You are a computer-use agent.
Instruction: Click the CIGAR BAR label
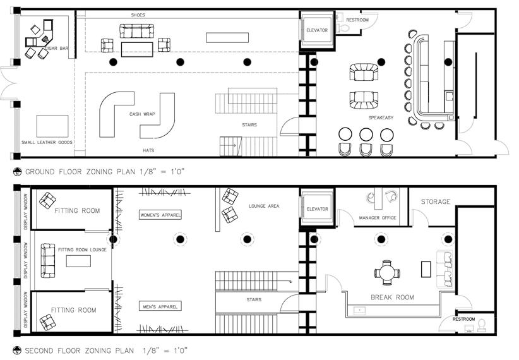pyautogui.click(x=57, y=49)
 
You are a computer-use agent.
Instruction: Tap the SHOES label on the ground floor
pyautogui.click(x=138, y=15)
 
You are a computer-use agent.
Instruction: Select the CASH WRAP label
pyautogui.click(x=143, y=114)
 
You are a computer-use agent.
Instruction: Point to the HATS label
pyautogui.click(x=148, y=150)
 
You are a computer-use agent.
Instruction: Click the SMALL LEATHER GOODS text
pyautogui.click(x=47, y=143)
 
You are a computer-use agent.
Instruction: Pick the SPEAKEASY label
pyautogui.click(x=382, y=118)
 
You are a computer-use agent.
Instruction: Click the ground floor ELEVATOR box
pyautogui.click(x=316, y=30)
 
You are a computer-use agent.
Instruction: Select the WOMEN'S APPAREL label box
pyautogui.click(x=160, y=215)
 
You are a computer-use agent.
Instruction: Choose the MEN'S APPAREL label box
pyautogui.click(x=160, y=306)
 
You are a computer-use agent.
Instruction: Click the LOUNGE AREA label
pyautogui.click(x=264, y=207)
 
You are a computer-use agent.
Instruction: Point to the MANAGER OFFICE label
pyautogui.click(x=377, y=218)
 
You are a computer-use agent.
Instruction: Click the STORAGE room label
pyautogui.click(x=436, y=202)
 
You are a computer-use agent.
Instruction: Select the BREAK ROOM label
pyautogui.click(x=392, y=297)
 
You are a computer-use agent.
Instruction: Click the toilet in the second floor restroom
pyautogui.click(x=481, y=324)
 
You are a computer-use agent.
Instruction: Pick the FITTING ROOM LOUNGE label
pyautogui.click(x=82, y=250)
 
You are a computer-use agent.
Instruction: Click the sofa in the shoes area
pyautogui.click(x=137, y=31)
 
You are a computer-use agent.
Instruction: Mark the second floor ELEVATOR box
pyautogui.click(x=316, y=209)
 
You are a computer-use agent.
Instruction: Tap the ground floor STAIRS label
pyautogui.click(x=249, y=125)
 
